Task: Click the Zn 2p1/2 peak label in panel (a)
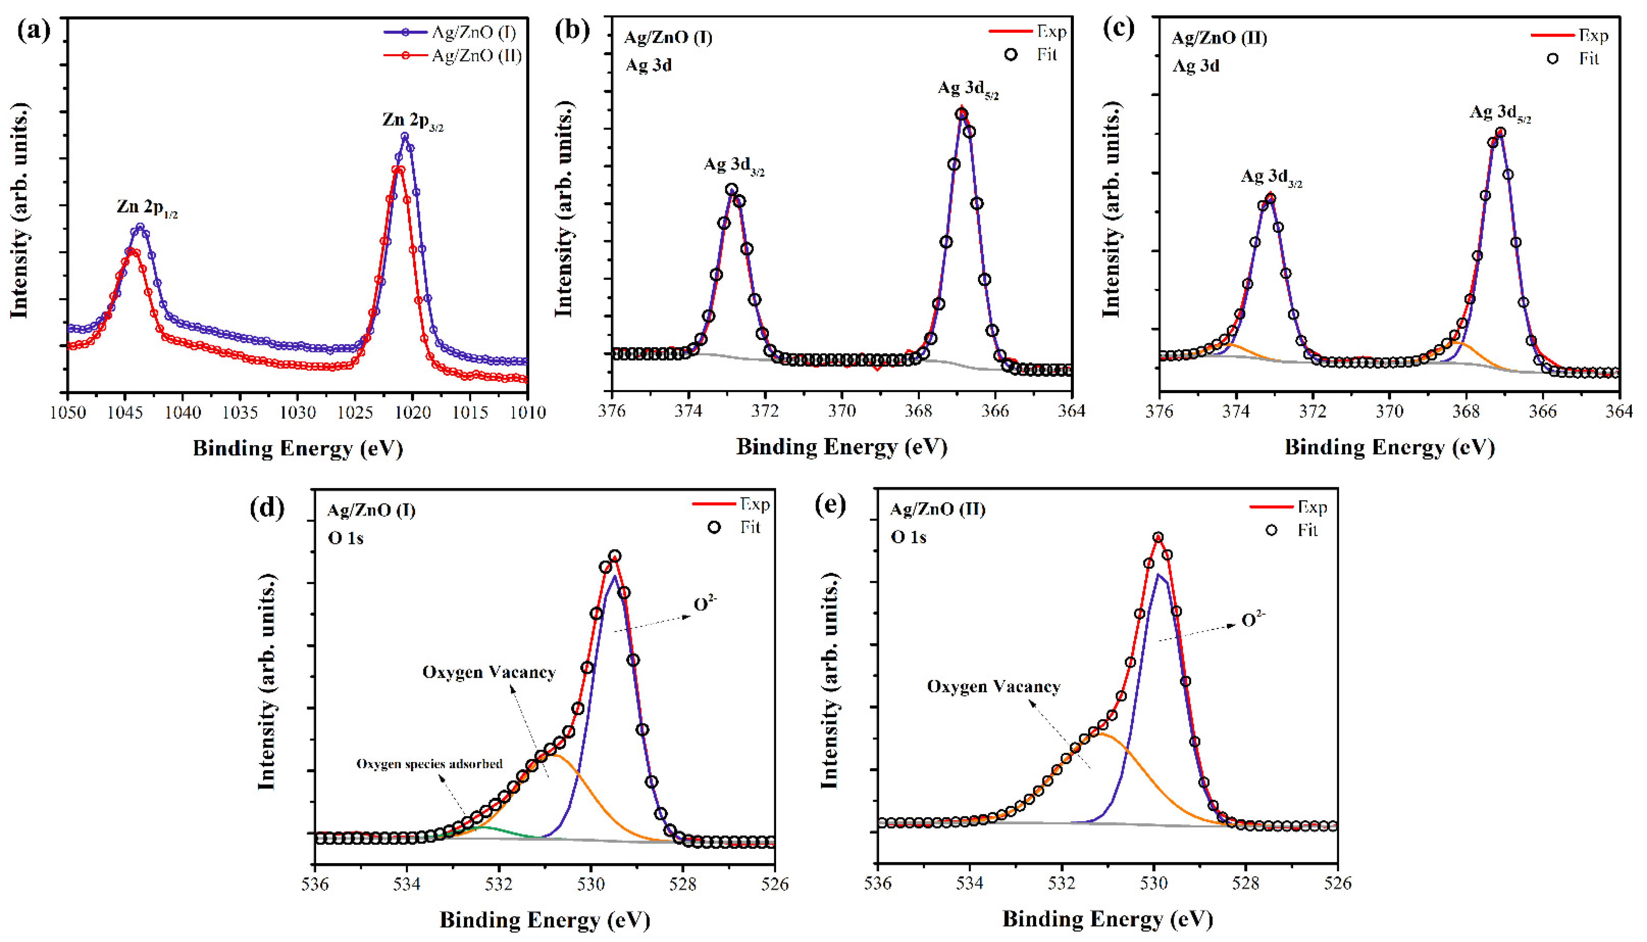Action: click(x=147, y=208)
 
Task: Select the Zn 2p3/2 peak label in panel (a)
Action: click(x=412, y=121)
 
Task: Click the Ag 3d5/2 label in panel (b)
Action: click(x=968, y=90)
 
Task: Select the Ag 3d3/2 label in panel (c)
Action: click(x=1271, y=177)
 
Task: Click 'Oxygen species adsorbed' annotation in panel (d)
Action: click(x=430, y=764)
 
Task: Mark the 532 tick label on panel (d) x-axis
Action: click(x=499, y=884)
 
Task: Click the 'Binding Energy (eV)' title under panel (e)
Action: click(x=1107, y=919)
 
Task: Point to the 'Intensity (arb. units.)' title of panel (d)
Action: click(x=266, y=681)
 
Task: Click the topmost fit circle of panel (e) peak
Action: click(x=1158, y=537)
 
